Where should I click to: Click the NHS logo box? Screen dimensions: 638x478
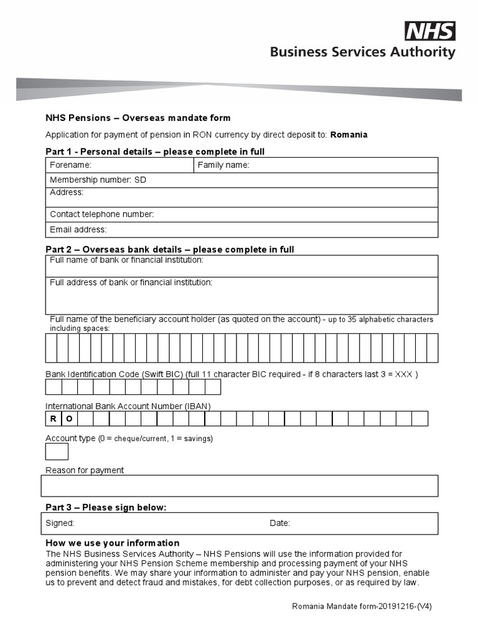click(x=430, y=31)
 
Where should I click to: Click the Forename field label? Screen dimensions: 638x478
click(x=70, y=165)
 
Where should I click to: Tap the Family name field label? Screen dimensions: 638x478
click(x=223, y=165)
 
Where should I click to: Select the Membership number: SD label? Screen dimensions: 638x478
click(x=98, y=180)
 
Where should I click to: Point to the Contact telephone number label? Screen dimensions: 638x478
click(x=101, y=214)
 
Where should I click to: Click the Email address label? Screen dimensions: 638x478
click(x=78, y=229)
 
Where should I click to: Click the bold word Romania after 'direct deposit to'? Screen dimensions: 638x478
click(x=349, y=135)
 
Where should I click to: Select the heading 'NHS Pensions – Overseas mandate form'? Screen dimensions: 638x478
click(x=138, y=118)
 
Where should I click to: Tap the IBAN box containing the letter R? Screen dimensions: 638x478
click(x=54, y=419)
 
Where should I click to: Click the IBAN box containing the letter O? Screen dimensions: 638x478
click(x=69, y=419)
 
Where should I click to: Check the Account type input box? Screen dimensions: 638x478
click(x=57, y=452)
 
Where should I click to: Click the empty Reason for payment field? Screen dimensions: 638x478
click(x=240, y=486)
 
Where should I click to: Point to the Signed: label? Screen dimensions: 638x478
click(x=60, y=523)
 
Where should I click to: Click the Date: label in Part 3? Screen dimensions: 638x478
click(x=279, y=523)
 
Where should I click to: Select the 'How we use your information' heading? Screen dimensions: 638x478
click(x=112, y=543)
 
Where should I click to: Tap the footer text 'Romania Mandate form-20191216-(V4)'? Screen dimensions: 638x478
click(x=362, y=606)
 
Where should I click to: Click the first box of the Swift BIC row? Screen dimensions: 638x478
click(x=54, y=387)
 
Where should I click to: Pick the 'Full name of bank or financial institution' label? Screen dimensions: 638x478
click(x=126, y=260)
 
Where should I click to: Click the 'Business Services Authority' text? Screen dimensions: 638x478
click(x=362, y=52)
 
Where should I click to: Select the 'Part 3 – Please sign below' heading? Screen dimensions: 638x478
click(x=106, y=507)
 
